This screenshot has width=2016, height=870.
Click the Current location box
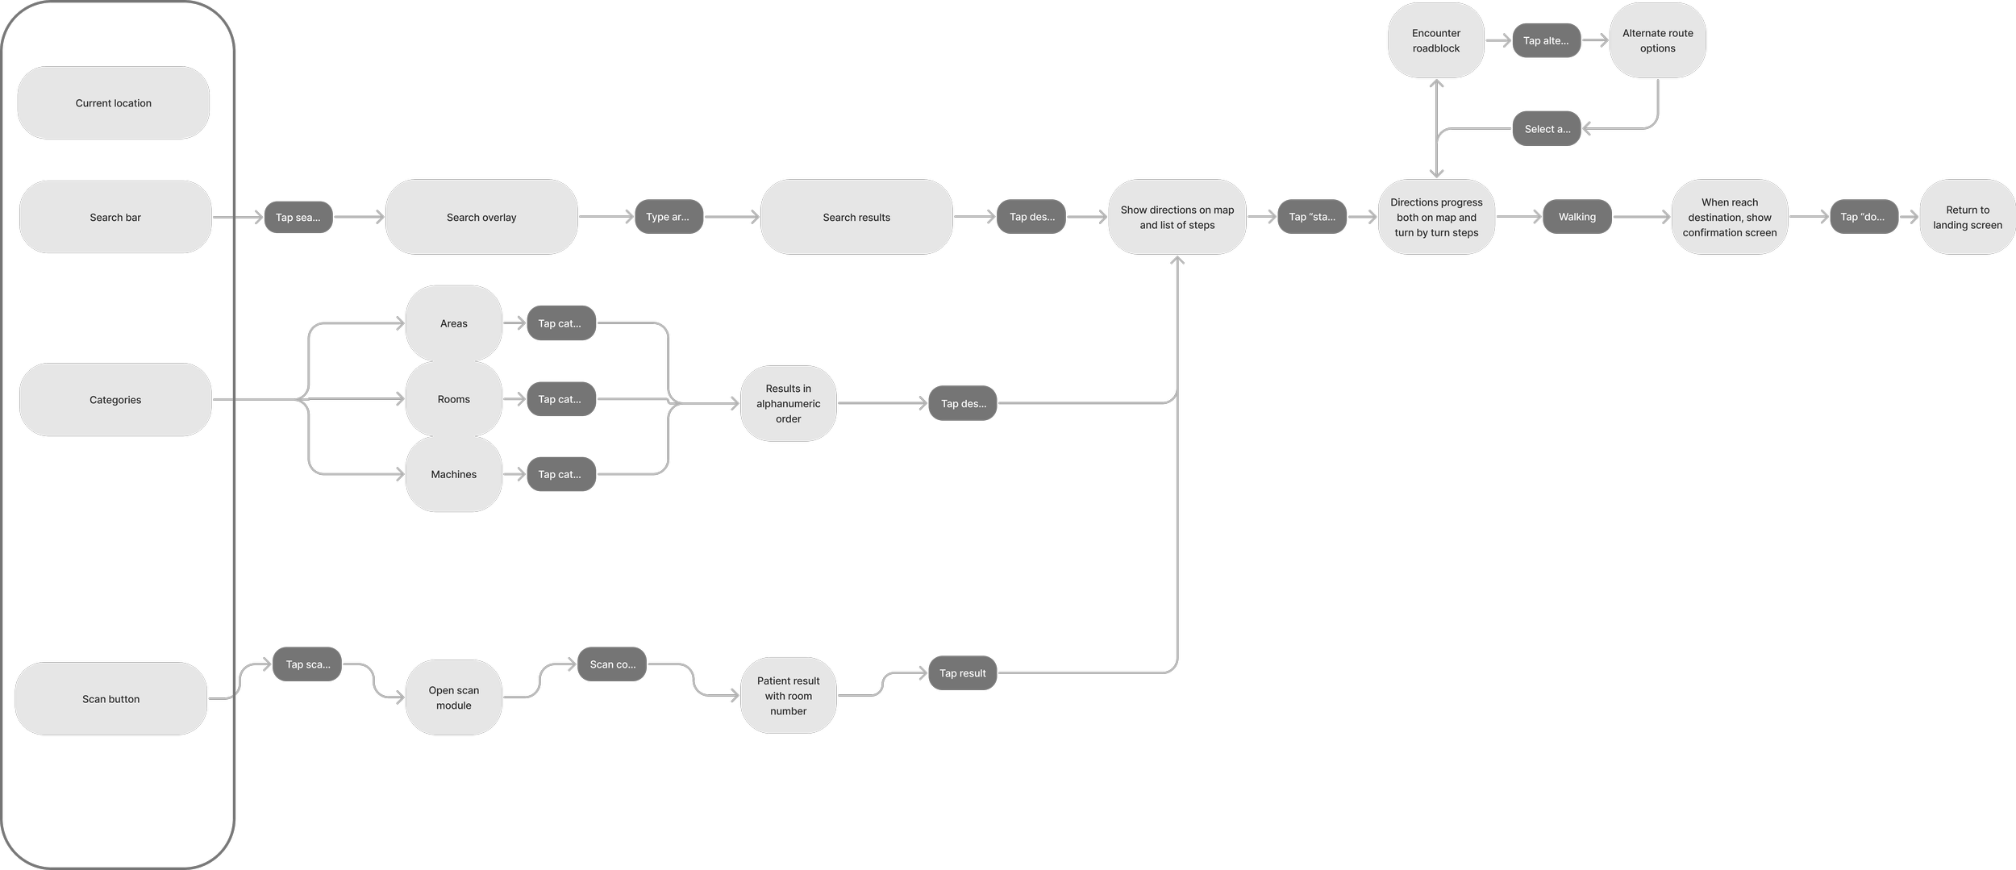coord(114,103)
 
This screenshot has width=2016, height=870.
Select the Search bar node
coord(115,217)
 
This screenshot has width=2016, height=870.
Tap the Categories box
coord(115,400)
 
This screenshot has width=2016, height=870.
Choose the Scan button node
coord(111,699)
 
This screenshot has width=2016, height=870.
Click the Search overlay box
coord(481,217)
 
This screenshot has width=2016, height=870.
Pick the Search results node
coord(856,217)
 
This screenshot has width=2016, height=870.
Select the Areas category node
coord(454,323)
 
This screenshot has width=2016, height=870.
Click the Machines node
coord(454,474)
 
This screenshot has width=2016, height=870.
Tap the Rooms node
coord(454,399)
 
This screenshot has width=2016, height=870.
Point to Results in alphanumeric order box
coord(789,403)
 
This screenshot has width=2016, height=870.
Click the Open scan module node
coord(454,697)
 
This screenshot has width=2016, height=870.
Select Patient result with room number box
coord(789,696)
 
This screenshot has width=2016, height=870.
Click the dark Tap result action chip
coord(963,673)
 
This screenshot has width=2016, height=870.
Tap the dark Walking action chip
coord(1577,217)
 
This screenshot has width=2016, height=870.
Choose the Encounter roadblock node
coord(1436,40)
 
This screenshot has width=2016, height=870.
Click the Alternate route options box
coord(1658,40)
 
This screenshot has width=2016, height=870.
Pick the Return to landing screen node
coord(1968,217)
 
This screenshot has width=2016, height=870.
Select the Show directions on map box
coord(1177,217)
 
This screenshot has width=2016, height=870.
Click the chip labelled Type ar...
coord(669,217)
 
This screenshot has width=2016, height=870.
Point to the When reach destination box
coord(1730,217)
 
